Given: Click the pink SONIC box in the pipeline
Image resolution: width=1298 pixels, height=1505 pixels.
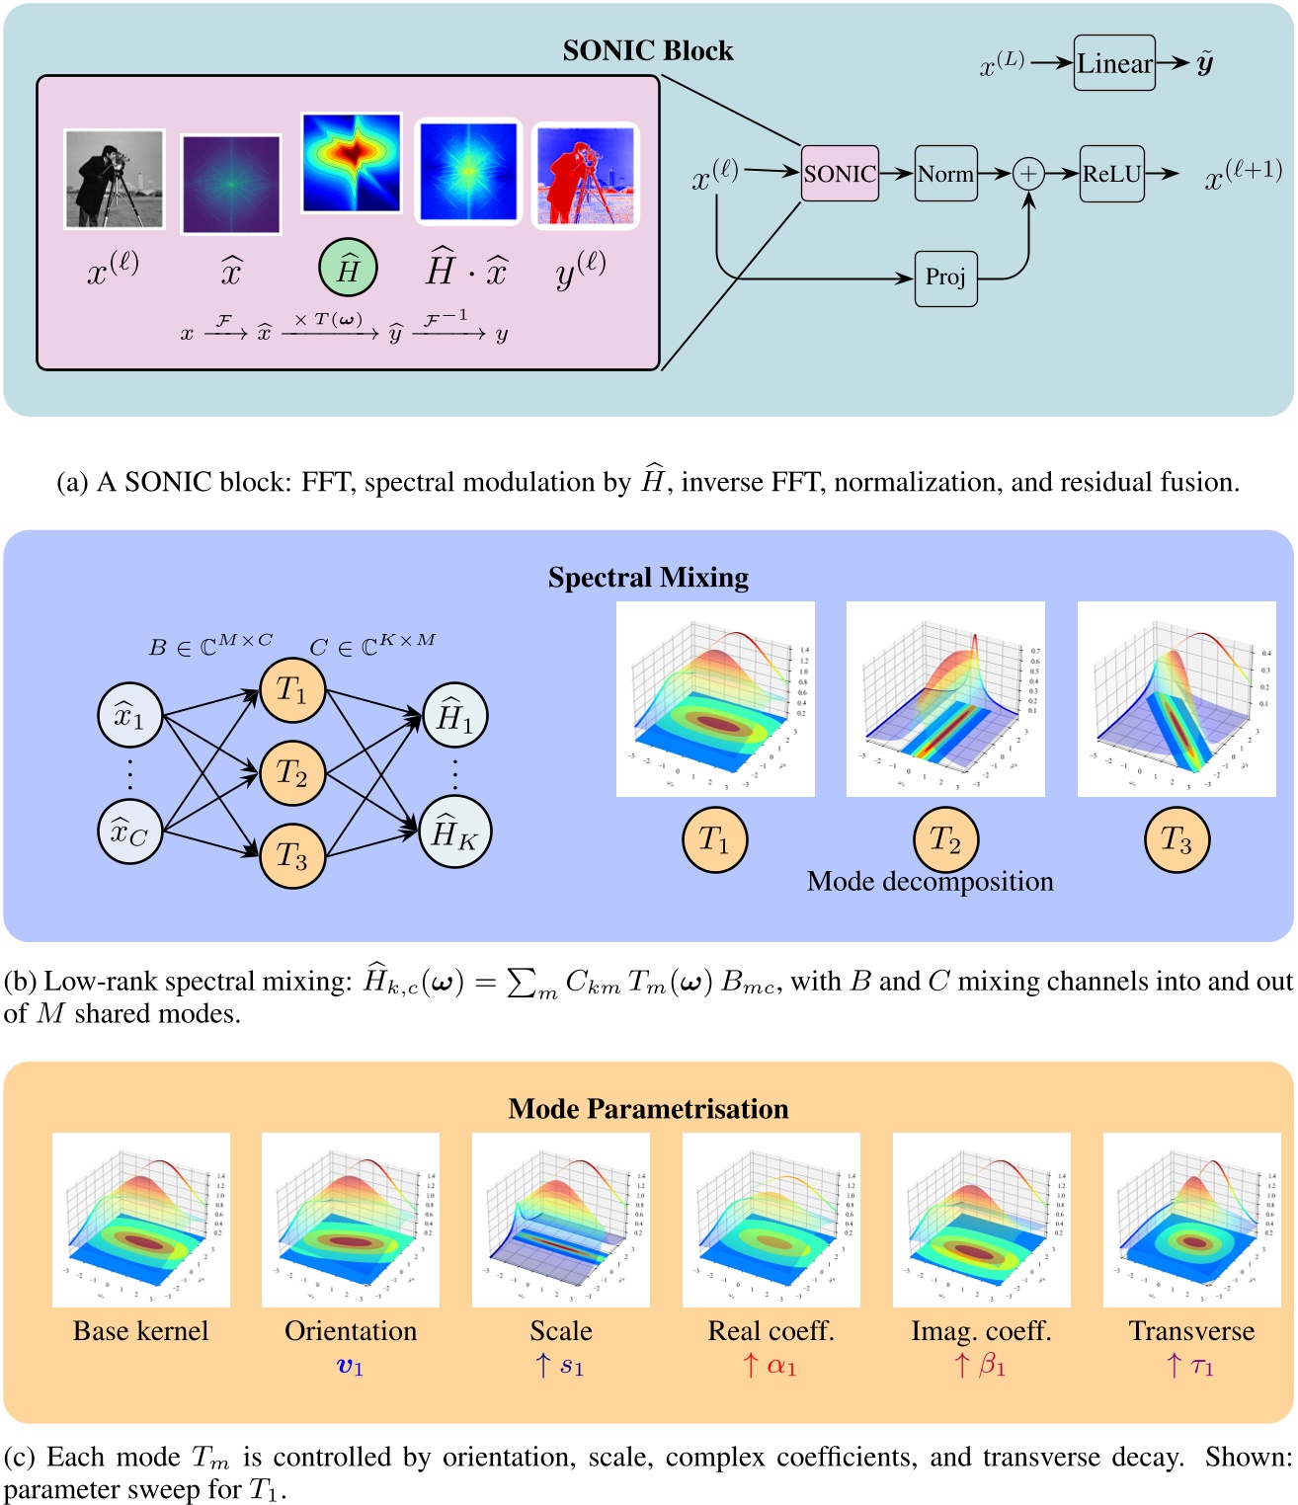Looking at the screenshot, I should tap(839, 174).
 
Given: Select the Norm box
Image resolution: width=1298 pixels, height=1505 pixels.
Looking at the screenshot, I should tap(945, 174).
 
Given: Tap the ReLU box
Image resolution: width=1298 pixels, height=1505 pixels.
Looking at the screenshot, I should tap(1111, 174).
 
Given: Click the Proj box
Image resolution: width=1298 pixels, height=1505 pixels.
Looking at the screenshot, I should tap(945, 277).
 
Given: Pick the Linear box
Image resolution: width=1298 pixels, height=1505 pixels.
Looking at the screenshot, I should tap(1114, 63).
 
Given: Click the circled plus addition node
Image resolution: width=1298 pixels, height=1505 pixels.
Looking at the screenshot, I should tap(1028, 174).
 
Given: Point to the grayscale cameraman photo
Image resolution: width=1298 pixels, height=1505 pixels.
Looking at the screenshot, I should tap(114, 179).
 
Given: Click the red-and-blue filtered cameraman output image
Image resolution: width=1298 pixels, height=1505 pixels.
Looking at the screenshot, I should tap(586, 176).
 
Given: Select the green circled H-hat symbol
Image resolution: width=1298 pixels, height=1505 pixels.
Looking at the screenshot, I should tap(348, 269).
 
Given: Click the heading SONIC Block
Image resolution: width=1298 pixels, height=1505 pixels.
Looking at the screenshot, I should tap(648, 50).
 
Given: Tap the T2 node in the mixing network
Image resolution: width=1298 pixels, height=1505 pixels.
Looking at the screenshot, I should tap(292, 773).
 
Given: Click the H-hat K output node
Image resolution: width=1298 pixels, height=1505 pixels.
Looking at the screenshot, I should tap(454, 833).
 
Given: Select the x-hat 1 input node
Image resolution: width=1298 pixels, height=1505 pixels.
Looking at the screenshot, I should tap(130, 715).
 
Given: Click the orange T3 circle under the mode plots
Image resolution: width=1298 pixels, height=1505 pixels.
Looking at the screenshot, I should tap(1176, 840).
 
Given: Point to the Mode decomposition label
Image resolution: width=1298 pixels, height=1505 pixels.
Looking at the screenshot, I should tap(930, 881).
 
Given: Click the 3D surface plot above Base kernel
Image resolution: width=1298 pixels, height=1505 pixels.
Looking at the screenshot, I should tap(141, 1220).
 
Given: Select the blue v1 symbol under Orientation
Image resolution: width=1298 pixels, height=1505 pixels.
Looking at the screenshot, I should tap(351, 1367).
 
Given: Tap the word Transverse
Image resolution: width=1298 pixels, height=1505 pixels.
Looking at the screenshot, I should tap(1191, 1331).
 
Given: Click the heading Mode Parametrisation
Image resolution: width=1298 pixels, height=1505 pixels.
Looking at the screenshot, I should tap(648, 1109).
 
